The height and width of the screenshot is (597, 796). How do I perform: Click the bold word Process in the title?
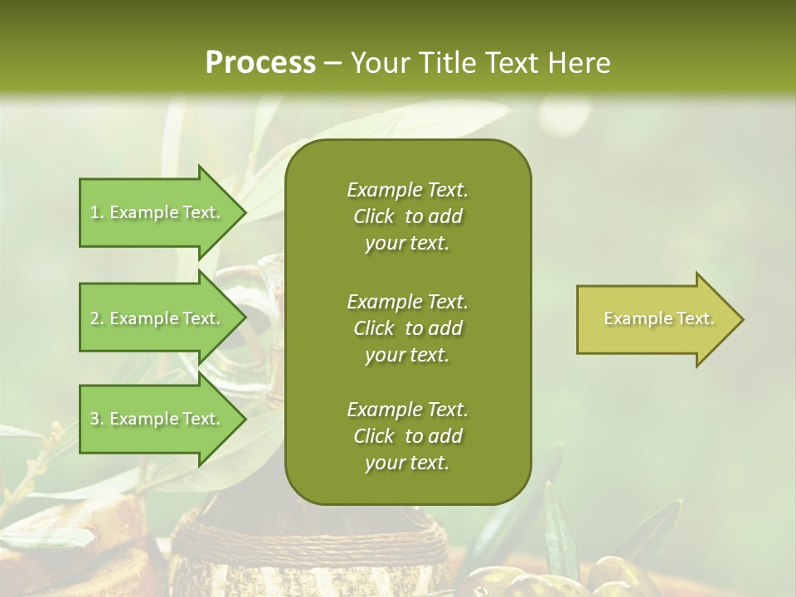[x=260, y=62]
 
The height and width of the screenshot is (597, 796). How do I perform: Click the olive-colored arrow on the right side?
[x=655, y=318]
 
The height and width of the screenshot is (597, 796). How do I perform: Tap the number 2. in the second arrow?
[x=96, y=318]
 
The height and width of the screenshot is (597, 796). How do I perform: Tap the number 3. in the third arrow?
[x=96, y=419]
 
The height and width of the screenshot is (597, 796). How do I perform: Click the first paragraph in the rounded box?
[x=407, y=216]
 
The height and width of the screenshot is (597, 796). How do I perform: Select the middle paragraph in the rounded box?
[x=407, y=328]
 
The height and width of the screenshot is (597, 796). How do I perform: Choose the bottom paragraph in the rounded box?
[x=407, y=436]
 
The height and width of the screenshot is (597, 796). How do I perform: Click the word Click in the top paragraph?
[x=374, y=216]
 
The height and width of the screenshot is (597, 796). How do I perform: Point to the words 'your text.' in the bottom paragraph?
[x=407, y=463]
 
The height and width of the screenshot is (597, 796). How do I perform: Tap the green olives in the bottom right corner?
[x=614, y=576]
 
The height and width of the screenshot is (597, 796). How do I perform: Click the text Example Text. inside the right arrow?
[x=658, y=318]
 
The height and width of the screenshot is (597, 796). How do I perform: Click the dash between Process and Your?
[x=332, y=63]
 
